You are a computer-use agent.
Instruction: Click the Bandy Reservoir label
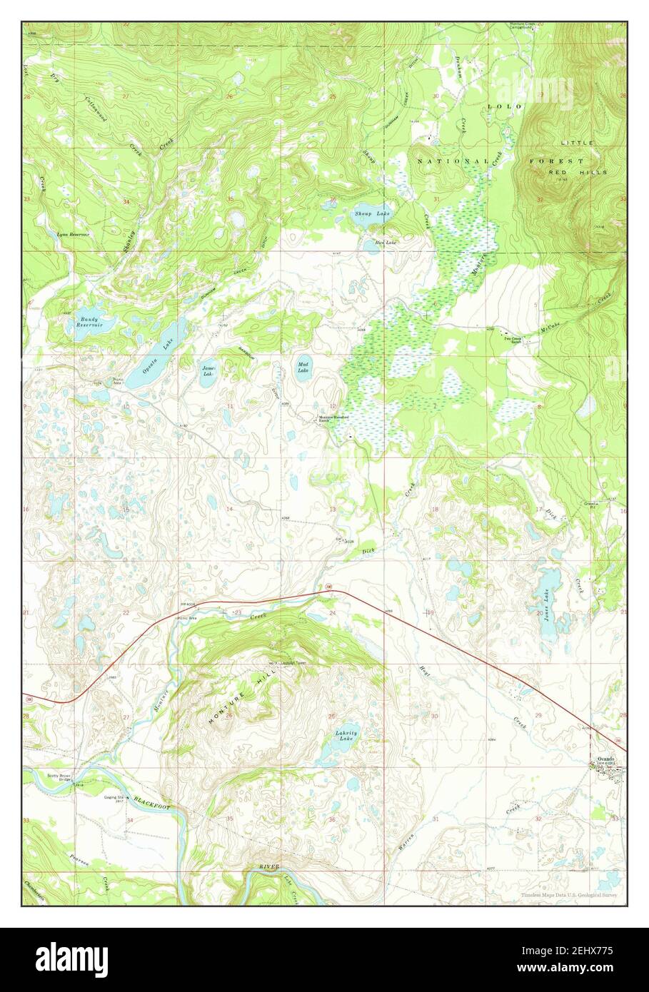(89, 322)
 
